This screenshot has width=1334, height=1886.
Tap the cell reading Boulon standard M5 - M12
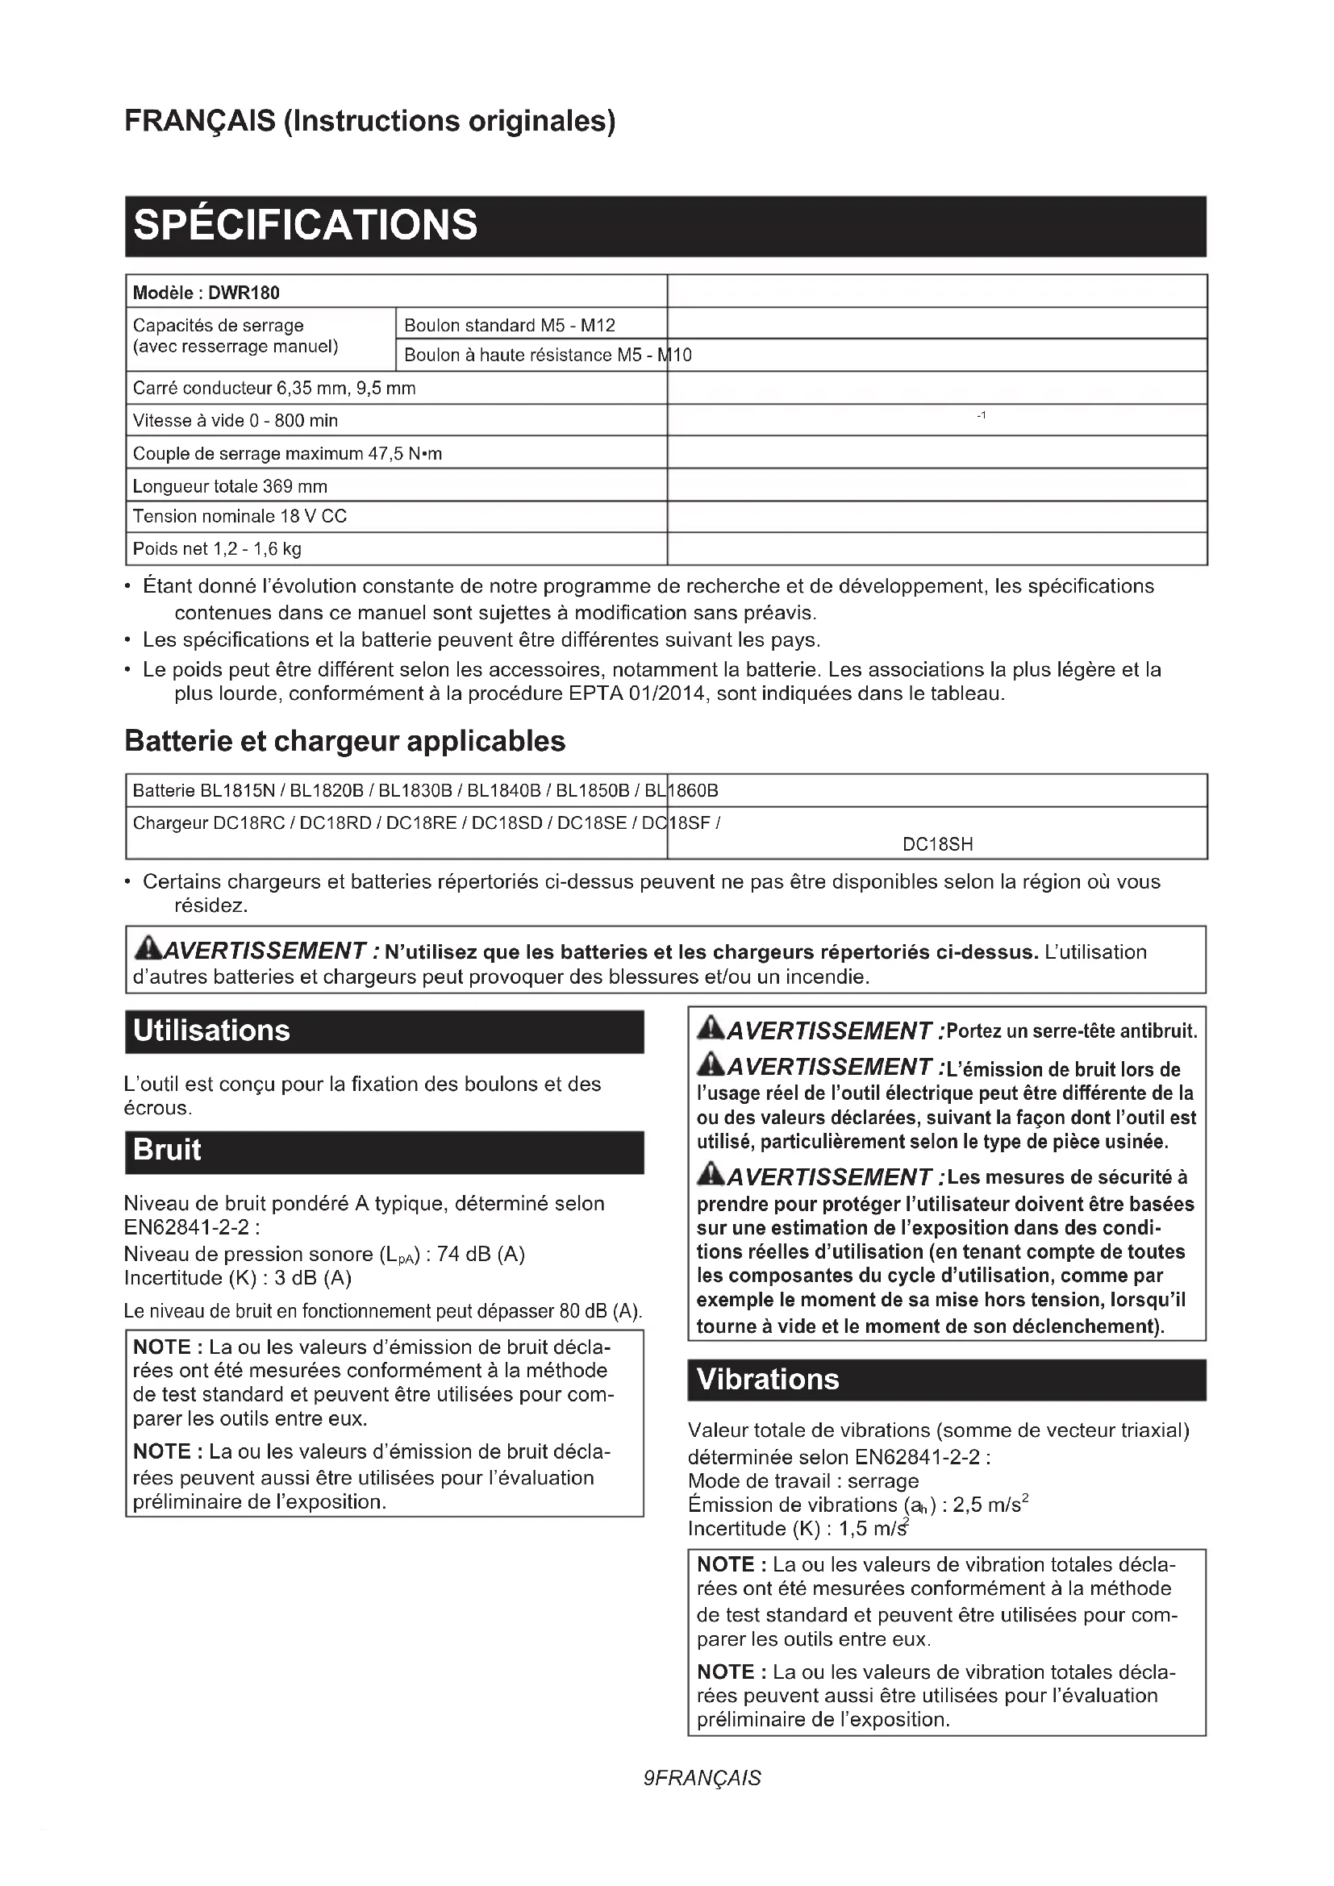click(x=509, y=325)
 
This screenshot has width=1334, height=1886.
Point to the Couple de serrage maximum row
click(x=287, y=453)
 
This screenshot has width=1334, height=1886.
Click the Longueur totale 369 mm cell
click(x=230, y=486)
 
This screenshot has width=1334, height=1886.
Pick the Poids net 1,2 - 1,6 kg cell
click(x=217, y=549)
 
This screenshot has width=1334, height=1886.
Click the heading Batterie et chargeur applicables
click(x=345, y=741)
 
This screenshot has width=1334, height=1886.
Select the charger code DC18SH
click(x=937, y=844)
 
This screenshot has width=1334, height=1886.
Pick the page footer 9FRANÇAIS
click(x=702, y=1778)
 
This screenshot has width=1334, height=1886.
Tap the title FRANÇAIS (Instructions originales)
click(x=369, y=121)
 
